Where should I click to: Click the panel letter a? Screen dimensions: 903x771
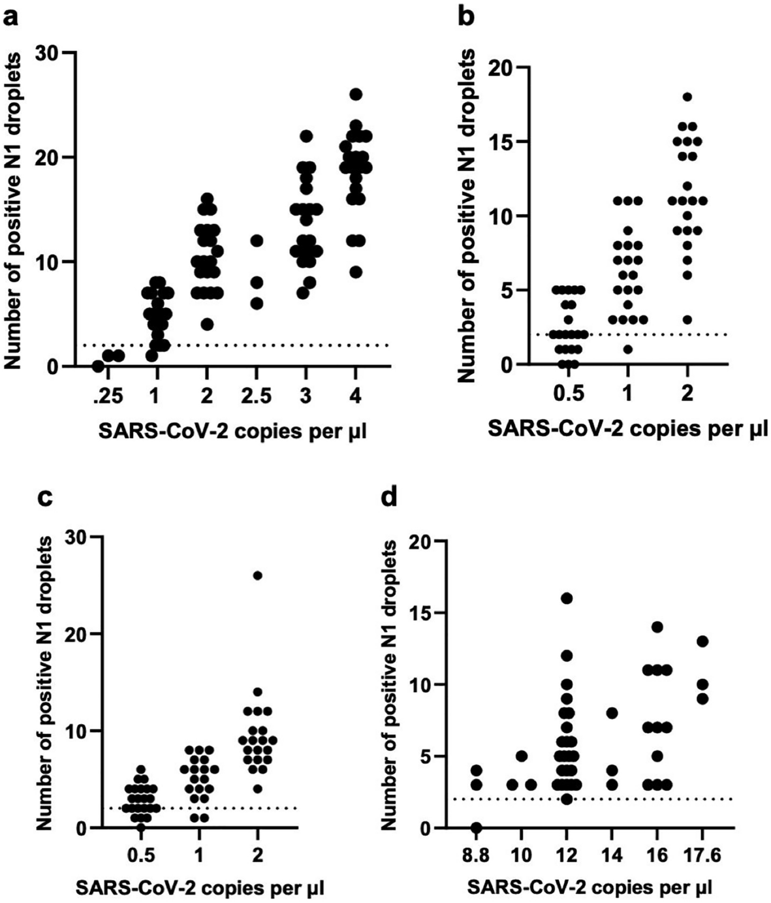(11, 14)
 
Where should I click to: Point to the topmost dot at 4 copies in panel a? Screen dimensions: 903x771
(356, 94)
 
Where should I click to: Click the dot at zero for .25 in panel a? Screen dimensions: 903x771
(98, 366)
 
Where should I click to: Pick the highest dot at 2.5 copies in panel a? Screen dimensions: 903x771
(257, 241)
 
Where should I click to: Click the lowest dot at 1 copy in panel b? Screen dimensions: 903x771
(627, 349)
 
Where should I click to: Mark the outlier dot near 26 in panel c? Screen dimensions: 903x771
(258, 575)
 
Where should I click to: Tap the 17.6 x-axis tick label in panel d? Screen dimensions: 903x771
(702, 854)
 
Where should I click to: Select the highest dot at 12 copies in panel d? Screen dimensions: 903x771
(566, 598)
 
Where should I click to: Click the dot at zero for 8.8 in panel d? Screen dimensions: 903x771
(477, 828)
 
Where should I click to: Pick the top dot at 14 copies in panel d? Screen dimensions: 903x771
(612, 713)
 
